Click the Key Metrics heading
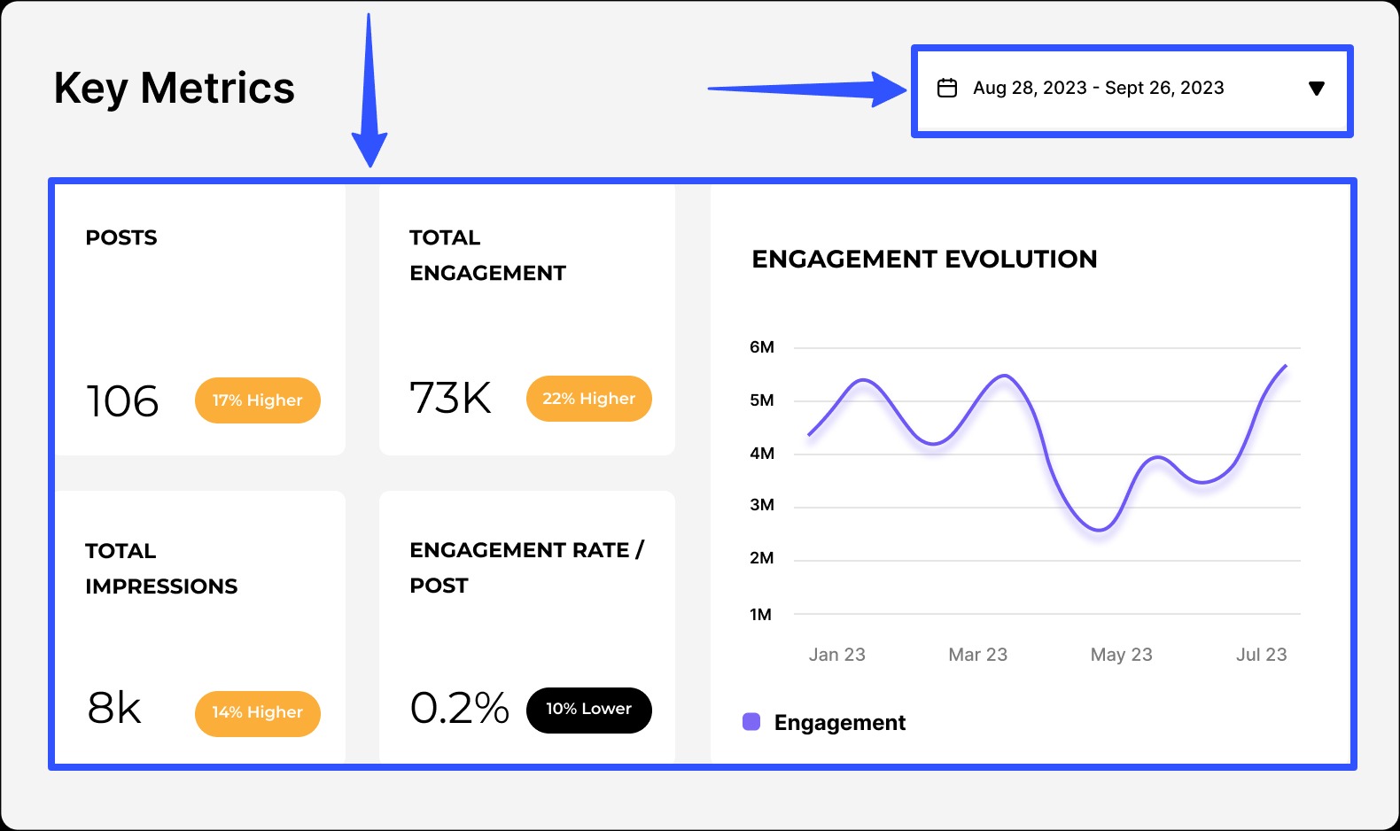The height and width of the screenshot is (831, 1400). [174, 89]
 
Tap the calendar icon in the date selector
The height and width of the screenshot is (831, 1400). [947, 88]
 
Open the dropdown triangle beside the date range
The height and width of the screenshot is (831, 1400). [1317, 88]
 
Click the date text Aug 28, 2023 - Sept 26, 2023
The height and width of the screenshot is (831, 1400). [1098, 88]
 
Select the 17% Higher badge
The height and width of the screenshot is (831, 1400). [257, 400]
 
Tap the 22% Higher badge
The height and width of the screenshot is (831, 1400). [588, 399]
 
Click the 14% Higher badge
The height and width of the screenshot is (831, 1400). [257, 713]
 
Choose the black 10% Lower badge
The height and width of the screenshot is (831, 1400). [588, 710]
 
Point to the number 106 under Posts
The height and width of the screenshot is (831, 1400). [122, 401]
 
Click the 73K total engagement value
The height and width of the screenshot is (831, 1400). [450, 398]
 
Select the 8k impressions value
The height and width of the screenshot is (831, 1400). [114, 708]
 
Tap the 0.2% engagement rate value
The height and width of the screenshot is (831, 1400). [459, 708]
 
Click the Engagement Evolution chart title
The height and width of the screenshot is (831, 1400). [924, 259]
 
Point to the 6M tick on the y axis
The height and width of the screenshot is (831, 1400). [761, 347]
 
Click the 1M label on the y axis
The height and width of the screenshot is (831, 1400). [760, 614]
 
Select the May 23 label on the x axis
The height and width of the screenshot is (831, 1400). [1121, 655]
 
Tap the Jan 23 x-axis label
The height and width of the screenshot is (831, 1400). [836, 655]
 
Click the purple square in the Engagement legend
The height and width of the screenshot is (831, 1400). [751, 721]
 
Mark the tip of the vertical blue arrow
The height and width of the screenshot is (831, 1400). [369, 164]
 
